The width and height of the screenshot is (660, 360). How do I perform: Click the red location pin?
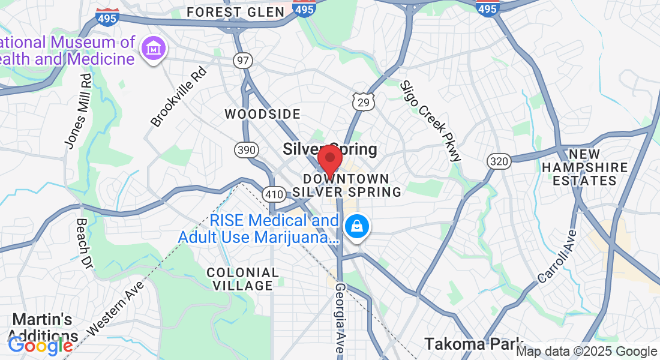[x=329, y=160]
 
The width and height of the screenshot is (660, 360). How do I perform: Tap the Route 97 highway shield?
[x=244, y=60]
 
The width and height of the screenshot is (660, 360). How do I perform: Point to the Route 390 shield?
[x=247, y=150]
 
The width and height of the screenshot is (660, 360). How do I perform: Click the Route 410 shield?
[x=273, y=194]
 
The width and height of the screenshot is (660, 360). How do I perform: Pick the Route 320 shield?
[x=499, y=161]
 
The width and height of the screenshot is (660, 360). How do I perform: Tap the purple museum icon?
[x=154, y=49]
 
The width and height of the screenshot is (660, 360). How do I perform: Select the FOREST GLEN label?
[x=235, y=12]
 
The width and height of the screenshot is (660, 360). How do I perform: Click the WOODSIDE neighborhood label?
[x=262, y=114]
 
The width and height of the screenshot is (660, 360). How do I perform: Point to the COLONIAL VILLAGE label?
[x=243, y=279]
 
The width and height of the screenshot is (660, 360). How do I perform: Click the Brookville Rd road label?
[x=178, y=97]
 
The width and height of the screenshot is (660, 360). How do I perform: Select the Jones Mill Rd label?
[x=79, y=111]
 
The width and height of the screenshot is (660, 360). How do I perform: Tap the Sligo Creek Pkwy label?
[x=431, y=121]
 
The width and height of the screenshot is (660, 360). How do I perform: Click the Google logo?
[x=40, y=346]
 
